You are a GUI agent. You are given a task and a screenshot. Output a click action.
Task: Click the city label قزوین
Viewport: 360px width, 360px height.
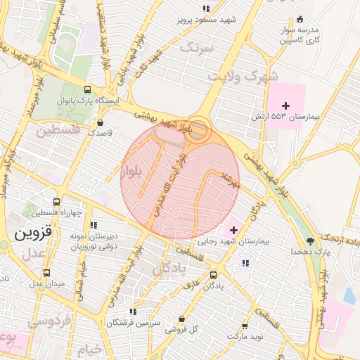pos(33,231)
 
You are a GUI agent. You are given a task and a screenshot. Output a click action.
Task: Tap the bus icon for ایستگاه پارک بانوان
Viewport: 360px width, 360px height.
pos(87,90)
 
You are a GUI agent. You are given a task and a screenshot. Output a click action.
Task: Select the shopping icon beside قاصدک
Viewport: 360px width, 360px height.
pos(101,122)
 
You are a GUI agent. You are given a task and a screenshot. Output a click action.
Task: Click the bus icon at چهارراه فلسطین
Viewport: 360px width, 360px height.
pos(56,202)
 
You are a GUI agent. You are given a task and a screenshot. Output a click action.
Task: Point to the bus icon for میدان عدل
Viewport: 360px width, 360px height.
pos(47,273)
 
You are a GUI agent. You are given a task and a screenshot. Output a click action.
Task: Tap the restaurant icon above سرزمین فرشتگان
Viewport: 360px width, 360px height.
pos(131,311)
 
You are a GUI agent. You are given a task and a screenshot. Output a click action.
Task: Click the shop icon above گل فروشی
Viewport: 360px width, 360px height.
pos(182,318)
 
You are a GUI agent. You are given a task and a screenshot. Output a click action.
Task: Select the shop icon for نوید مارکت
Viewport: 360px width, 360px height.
pos(245,326)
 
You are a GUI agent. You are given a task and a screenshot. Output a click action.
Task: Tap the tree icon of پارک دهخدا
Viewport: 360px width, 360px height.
pos(310,240)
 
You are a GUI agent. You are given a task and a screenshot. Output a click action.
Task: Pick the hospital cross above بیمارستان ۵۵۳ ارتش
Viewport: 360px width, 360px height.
pos(285,105)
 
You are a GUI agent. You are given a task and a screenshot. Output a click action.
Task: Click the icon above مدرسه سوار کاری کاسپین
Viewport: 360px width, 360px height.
pos(300,19)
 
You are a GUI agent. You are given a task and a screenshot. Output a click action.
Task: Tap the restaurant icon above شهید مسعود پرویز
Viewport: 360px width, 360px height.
pos(206,8)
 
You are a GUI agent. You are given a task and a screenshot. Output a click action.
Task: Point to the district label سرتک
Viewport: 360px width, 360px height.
pos(196,47)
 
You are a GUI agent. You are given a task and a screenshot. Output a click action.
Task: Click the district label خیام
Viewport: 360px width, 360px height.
pos(91,348)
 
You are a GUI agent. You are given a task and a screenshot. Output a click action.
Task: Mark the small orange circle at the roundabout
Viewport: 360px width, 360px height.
pos(200,129)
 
